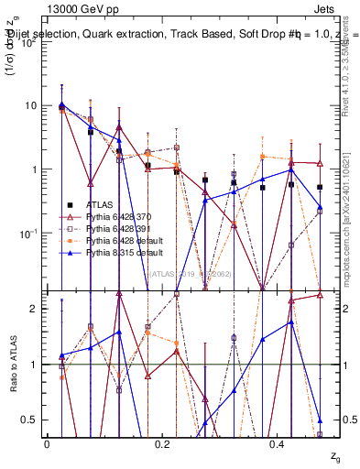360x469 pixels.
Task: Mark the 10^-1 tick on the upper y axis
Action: [x=30, y=234]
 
